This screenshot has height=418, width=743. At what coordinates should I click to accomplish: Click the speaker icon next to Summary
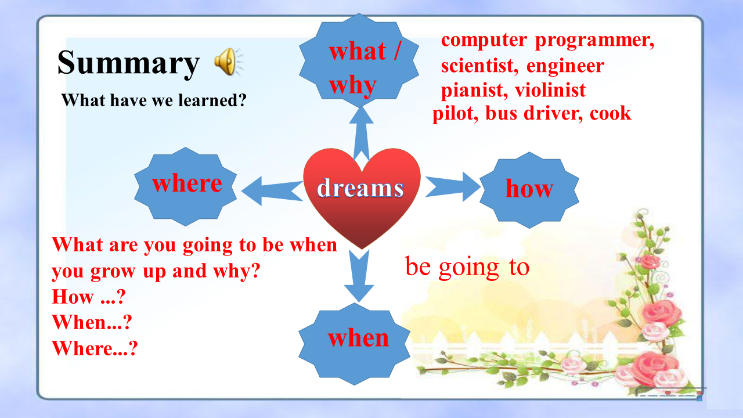[228, 62]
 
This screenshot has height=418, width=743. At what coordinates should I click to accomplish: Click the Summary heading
[128, 63]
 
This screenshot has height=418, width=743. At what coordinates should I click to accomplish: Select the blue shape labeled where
[185, 186]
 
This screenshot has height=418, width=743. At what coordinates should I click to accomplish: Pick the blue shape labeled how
[529, 190]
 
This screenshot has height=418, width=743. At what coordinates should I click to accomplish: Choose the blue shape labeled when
[354, 344]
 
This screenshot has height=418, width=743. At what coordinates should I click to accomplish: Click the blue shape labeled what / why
[359, 60]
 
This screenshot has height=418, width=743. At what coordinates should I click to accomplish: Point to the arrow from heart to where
[272, 191]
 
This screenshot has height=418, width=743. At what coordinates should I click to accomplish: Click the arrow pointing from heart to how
[453, 187]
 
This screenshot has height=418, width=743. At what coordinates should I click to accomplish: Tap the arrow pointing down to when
[359, 276]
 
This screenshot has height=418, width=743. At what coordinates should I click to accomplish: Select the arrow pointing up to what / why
[361, 134]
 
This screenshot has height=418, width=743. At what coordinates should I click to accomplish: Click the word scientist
[479, 66]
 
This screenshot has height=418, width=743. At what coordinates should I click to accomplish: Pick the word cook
[610, 113]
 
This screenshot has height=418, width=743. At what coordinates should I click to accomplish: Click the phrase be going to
[467, 267]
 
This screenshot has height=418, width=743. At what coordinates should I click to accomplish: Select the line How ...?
[89, 296]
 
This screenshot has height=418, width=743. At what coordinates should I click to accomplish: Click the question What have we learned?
[154, 100]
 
